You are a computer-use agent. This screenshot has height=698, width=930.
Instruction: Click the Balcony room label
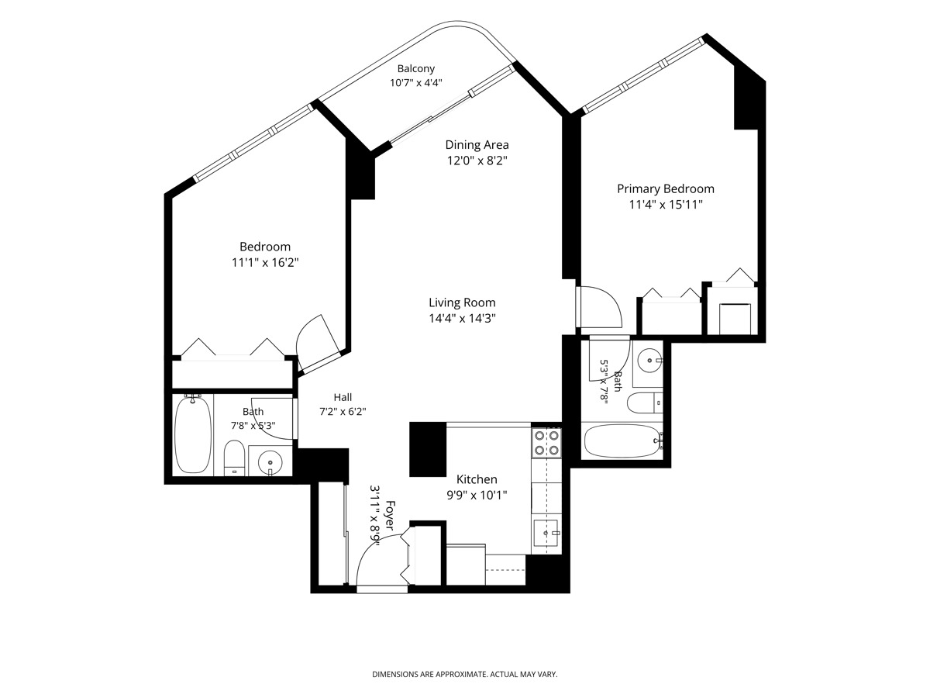pos(415,69)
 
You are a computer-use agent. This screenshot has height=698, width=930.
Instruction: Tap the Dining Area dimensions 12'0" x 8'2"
pos(477,161)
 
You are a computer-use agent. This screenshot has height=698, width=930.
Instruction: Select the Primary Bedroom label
pos(665,189)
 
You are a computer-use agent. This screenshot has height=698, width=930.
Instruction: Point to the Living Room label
pos(462,302)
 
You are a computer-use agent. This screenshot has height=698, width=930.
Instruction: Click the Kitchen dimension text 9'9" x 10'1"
pos(477,495)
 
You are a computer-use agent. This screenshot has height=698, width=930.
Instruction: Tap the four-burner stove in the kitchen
pos(546,443)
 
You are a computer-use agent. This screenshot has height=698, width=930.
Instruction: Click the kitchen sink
pos(546,533)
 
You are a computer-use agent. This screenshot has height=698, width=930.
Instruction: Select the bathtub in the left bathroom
pos(193,434)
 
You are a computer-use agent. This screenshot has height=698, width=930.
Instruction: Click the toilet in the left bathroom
pos(234,458)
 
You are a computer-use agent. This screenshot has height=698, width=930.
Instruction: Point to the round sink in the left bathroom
pos(270,460)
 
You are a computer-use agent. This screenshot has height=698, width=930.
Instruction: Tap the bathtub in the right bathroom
pos(622,441)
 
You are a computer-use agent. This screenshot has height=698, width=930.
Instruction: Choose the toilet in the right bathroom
pos(645,403)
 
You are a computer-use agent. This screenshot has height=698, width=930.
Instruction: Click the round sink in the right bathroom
pos(650,360)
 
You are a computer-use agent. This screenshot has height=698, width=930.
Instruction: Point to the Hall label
pos(343,398)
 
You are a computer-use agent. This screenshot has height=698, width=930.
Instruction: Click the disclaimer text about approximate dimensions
pos(465,674)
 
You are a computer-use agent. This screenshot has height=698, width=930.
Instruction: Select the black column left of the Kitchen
pos(428,449)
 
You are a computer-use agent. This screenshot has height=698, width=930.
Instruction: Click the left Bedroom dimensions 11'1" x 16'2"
pos(265,263)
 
